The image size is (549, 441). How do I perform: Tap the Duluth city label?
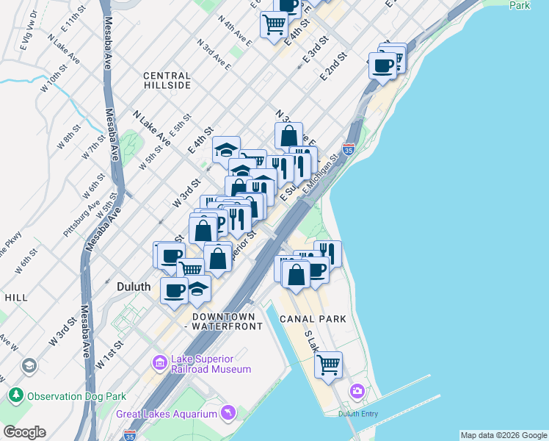(x=134, y=287)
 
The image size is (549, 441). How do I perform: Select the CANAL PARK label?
(x=312, y=319)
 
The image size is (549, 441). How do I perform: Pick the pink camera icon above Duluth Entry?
(x=357, y=390)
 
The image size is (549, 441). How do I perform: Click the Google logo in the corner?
(x=24, y=432)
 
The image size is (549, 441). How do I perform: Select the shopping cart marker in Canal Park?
(x=329, y=363)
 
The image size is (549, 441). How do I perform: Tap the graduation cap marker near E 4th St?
(x=227, y=150)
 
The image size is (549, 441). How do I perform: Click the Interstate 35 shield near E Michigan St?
(x=349, y=148)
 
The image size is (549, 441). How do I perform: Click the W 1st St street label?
(x=106, y=356)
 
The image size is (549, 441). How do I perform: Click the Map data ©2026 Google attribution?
(x=503, y=435)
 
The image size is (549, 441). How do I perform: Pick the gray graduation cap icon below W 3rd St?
(x=29, y=365)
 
